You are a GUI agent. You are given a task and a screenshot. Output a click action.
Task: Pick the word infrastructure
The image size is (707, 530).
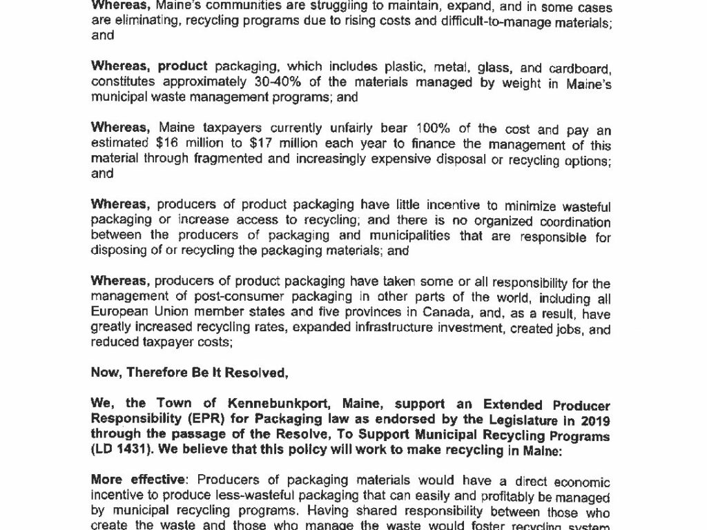coord(363,329)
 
